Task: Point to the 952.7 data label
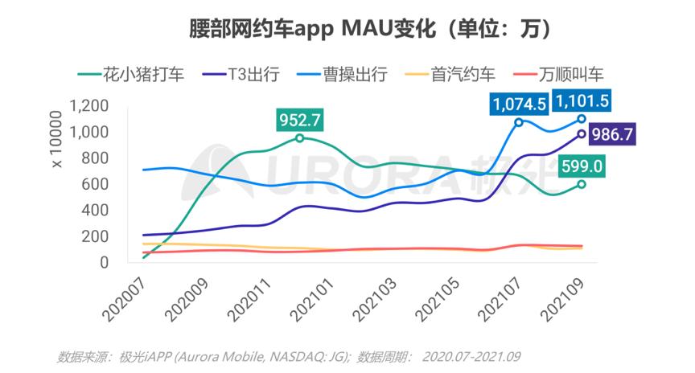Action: [299, 120]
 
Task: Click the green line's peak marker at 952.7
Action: [299, 138]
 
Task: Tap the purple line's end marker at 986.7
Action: [581, 134]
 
